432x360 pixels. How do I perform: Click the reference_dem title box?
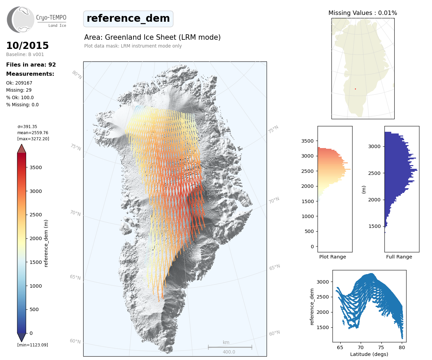click(x=128, y=19)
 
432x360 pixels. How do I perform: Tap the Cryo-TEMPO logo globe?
click(x=21, y=20)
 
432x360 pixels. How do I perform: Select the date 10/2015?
click(x=28, y=46)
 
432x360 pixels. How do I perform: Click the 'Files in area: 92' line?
click(x=31, y=65)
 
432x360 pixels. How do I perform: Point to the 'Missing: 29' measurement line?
click(x=19, y=90)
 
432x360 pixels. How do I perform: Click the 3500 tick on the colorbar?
click(x=36, y=167)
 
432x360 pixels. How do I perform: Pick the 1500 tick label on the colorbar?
click(x=36, y=262)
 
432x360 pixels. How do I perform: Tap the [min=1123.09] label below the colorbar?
click(x=33, y=345)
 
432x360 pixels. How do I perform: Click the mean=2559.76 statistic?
click(x=33, y=133)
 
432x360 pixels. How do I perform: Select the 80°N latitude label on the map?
click(x=77, y=75)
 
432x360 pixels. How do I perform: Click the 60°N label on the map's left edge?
click(x=75, y=341)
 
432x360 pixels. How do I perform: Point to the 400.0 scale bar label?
click(x=229, y=352)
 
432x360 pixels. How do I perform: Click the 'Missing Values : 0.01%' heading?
click(x=363, y=13)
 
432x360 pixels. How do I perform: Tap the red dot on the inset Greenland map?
click(x=355, y=89)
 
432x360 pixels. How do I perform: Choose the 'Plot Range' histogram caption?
click(x=332, y=257)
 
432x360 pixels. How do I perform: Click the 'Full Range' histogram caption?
click(x=399, y=257)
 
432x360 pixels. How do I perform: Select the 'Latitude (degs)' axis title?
click(x=369, y=354)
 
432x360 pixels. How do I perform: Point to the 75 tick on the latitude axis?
click(x=381, y=347)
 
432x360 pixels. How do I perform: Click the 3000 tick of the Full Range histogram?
click(x=374, y=146)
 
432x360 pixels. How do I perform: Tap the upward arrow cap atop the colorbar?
click(x=21, y=149)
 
